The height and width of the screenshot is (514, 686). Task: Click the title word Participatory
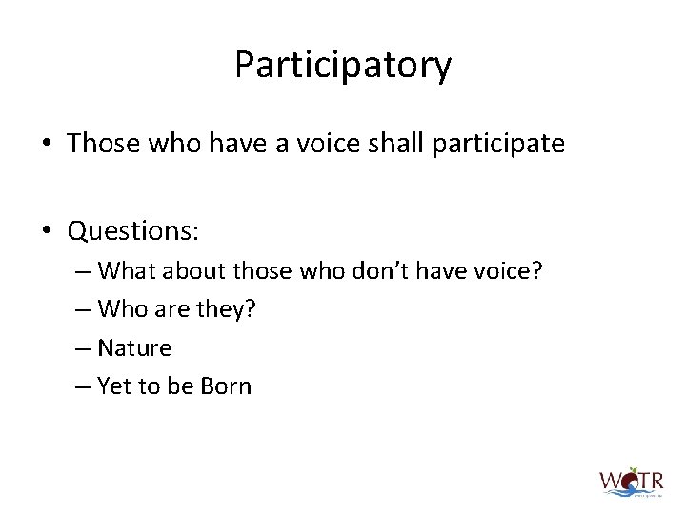[x=343, y=66]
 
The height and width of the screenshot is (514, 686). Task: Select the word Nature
[x=134, y=348]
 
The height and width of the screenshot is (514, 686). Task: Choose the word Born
[x=225, y=386]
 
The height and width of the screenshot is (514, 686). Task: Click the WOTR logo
[x=630, y=481]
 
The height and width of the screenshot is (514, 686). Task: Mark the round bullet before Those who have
[x=47, y=145]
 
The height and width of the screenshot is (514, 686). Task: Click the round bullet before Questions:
[x=47, y=232]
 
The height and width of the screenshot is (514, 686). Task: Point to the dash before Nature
[x=82, y=349]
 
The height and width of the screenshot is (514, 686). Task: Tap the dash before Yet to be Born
[x=82, y=387]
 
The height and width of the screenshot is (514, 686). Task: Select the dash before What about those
[x=82, y=272]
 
